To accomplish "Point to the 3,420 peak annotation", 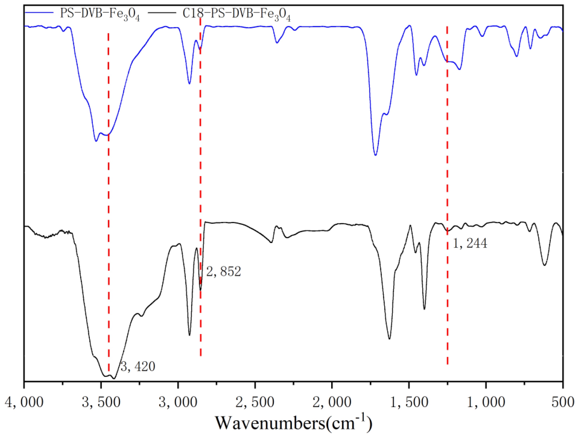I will click(138, 366).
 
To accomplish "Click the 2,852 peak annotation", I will click(223, 272).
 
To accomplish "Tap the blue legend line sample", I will click(39, 12).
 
